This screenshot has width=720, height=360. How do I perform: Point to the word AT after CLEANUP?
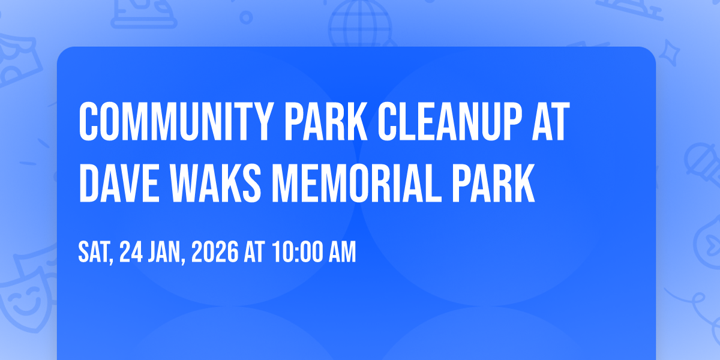click(x=550, y=122)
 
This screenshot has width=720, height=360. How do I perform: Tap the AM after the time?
click(x=341, y=253)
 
